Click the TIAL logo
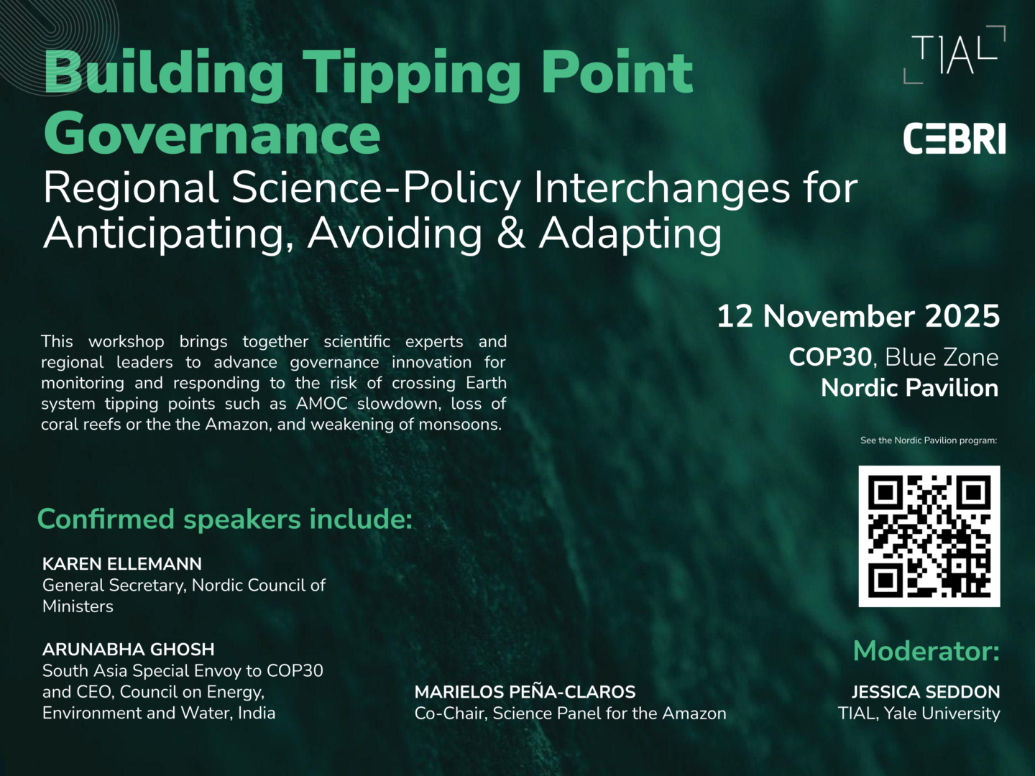tap(954, 55)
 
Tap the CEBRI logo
tap(954, 139)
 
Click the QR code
tap(929, 536)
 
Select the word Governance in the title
tap(212, 134)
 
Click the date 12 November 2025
tap(858, 315)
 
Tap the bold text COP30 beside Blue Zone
tap(830, 357)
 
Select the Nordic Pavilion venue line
tap(909, 388)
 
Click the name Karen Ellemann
tap(122, 563)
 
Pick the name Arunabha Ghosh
tap(128, 650)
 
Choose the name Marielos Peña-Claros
tap(525, 692)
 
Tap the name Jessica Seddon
tap(926, 692)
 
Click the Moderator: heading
tap(926, 651)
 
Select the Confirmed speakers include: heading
tap(225, 519)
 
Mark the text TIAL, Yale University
tap(919, 713)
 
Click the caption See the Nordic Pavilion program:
tap(929, 440)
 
